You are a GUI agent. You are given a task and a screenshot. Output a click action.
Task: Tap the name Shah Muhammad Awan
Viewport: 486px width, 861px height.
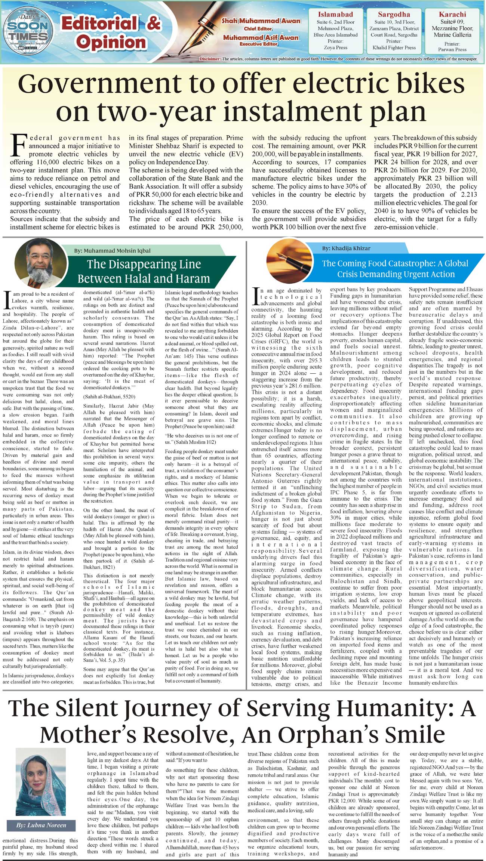(x=261, y=21)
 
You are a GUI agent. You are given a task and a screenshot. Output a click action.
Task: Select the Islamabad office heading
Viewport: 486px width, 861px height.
(x=335, y=15)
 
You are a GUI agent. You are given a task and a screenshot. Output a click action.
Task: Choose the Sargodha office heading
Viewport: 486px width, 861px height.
(x=394, y=15)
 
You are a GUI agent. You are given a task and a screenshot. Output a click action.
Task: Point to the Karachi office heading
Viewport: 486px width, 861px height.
(x=452, y=15)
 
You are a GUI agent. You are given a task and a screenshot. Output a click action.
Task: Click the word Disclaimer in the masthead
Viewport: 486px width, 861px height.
(x=210, y=59)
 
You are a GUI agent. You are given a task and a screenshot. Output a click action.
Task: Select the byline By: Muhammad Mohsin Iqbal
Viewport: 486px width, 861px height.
(x=112, y=251)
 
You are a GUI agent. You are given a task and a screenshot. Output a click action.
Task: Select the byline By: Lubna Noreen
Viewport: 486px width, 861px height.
(x=41, y=825)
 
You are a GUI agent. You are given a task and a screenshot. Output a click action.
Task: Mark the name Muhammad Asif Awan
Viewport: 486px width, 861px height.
(x=261, y=37)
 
